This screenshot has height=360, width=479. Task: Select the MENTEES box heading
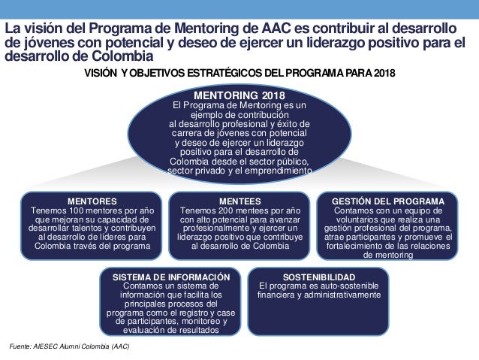(x=239, y=201)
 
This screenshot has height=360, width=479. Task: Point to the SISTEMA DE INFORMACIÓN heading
(x=170, y=277)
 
